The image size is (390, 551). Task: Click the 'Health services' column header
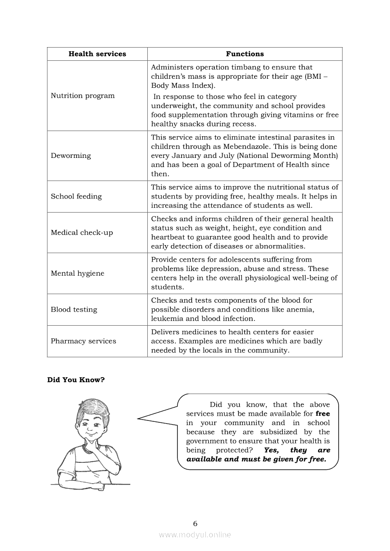(97, 54)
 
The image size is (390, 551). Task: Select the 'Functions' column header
(245, 54)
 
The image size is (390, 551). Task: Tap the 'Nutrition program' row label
(83, 96)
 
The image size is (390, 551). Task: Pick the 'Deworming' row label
(71, 156)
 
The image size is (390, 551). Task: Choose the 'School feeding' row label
(76, 197)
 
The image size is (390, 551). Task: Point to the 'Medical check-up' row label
(82, 233)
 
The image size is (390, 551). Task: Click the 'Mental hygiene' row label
(77, 273)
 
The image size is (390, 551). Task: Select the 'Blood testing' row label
(74, 310)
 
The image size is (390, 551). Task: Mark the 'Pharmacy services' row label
(83, 341)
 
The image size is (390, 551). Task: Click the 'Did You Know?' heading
(76, 380)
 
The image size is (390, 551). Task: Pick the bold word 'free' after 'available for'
(323, 414)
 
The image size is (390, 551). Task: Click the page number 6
(195, 523)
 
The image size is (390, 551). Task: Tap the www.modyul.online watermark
(195, 535)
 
